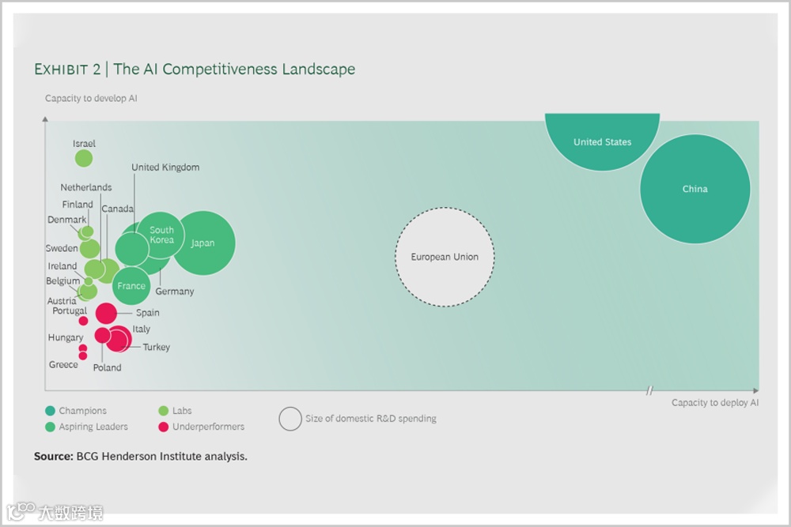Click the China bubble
(x=694, y=190)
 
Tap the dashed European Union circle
(x=445, y=257)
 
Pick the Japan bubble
(x=204, y=243)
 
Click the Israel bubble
(x=83, y=158)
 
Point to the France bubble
(x=131, y=285)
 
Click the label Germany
(x=175, y=292)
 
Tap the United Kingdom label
(x=165, y=168)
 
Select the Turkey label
(x=157, y=348)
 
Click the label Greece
(x=63, y=365)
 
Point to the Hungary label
(x=66, y=338)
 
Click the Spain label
(x=148, y=313)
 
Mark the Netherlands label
(x=86, y=188)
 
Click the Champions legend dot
(x=51, y=411)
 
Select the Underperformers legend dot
(x=163, y=427)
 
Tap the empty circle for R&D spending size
(x=290, y=419)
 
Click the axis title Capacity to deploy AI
(x=715, y=403)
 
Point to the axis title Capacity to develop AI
(x=91, y=99)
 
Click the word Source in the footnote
(x=52, y=457)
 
